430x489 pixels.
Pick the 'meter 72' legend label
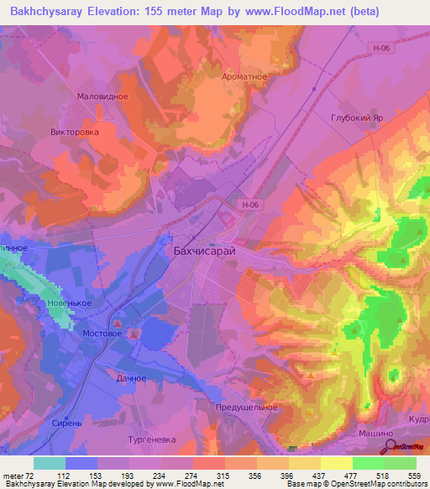coord(17,474)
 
